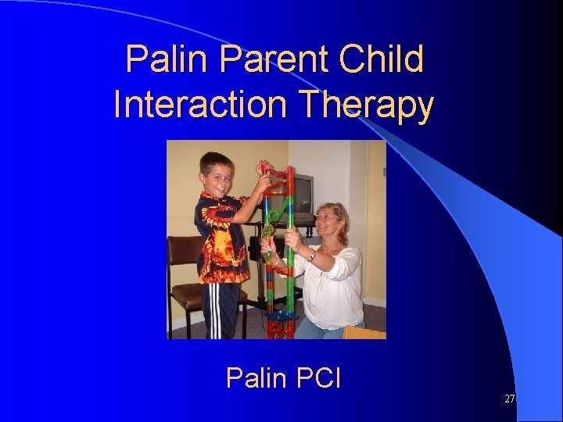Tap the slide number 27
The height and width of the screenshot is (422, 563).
pos(509,399)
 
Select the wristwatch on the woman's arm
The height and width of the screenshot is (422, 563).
pos(312,256)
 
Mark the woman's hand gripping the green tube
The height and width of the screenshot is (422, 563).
pos(290,239)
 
